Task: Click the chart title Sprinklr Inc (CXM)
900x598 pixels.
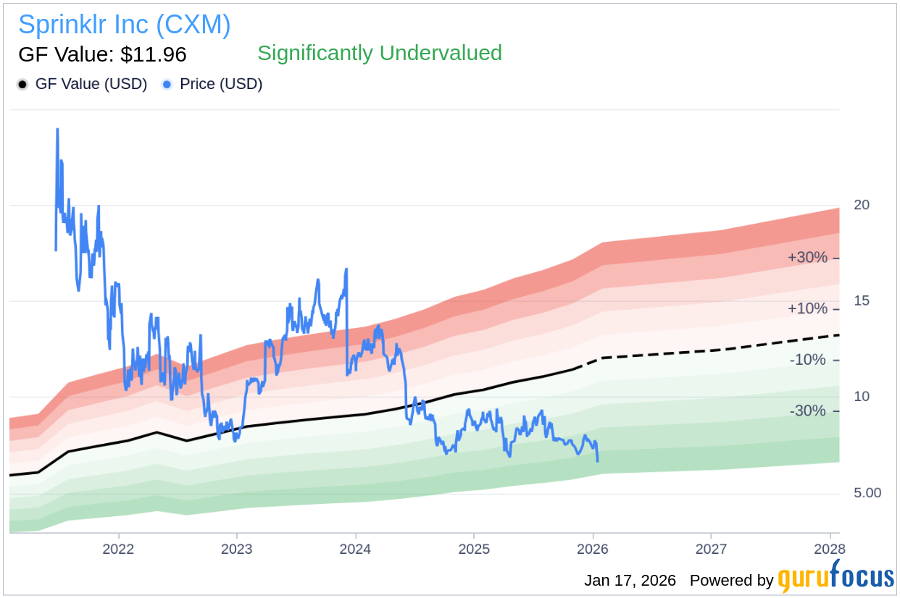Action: [x=125, y=25]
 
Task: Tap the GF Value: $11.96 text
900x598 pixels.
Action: [x=102, y=54]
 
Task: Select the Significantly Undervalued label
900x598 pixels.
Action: [x=379, y=53]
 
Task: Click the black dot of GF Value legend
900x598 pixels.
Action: [x=23, y=85]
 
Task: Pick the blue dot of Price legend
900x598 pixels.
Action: [x=167, y=85]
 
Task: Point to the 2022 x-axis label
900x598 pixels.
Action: [x=118, y=549]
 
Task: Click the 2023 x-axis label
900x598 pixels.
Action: [x=237, y=549]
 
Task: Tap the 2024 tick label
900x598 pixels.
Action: [x=356, y=549]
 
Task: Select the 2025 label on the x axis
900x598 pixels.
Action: [x=474, y=549]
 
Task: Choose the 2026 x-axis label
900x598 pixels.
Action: [x=593, y=549]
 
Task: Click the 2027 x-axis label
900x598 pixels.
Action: [x=712, y=549]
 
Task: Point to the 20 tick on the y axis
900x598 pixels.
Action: [x=862, y=205]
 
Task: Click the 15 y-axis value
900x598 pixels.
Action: [x=862, y=300]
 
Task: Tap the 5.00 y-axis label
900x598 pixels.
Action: [x=867, y=492]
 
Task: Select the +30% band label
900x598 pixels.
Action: [x=807, y=258]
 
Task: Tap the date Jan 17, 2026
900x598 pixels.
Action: [x=630, y=581]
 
